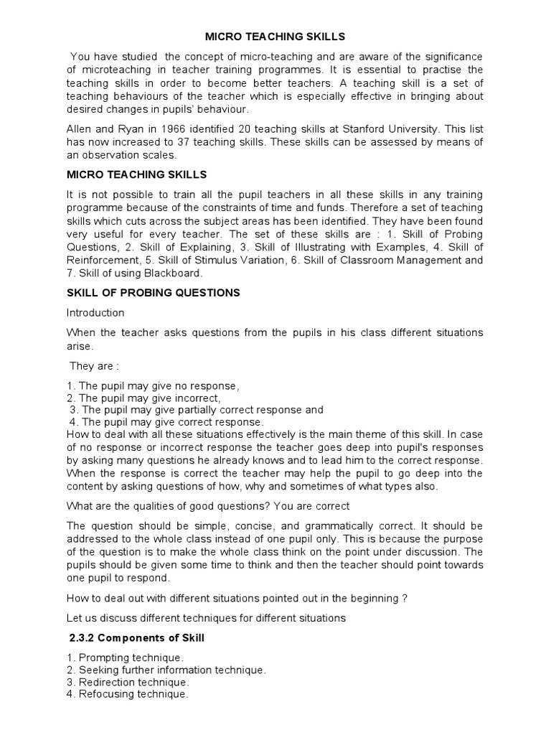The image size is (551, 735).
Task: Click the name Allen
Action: point(80,129)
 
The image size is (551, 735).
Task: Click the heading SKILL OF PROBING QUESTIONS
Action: point(153,293)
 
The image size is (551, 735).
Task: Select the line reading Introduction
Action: point(95,313)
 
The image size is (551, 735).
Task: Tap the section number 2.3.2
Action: point(84,637)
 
